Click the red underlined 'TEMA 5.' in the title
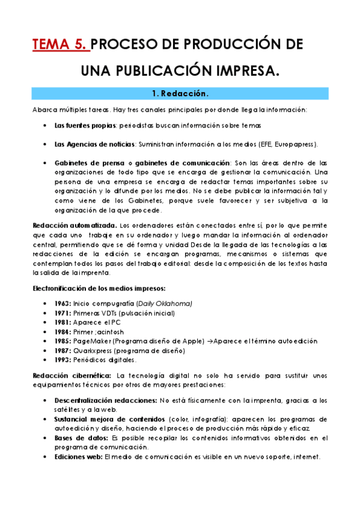(x=61, y=45)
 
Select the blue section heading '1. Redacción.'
(x=180, y=94)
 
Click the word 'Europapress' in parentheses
(x=294, y=144)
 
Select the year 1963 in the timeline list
(x=62, y=303)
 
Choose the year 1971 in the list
(x=62, y=313)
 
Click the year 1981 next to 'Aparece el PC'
(x=62, y=322)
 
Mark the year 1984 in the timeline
(x=62, y=332)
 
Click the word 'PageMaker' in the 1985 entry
(x=91, y=341)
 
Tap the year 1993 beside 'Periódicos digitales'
(x=62, y=360)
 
